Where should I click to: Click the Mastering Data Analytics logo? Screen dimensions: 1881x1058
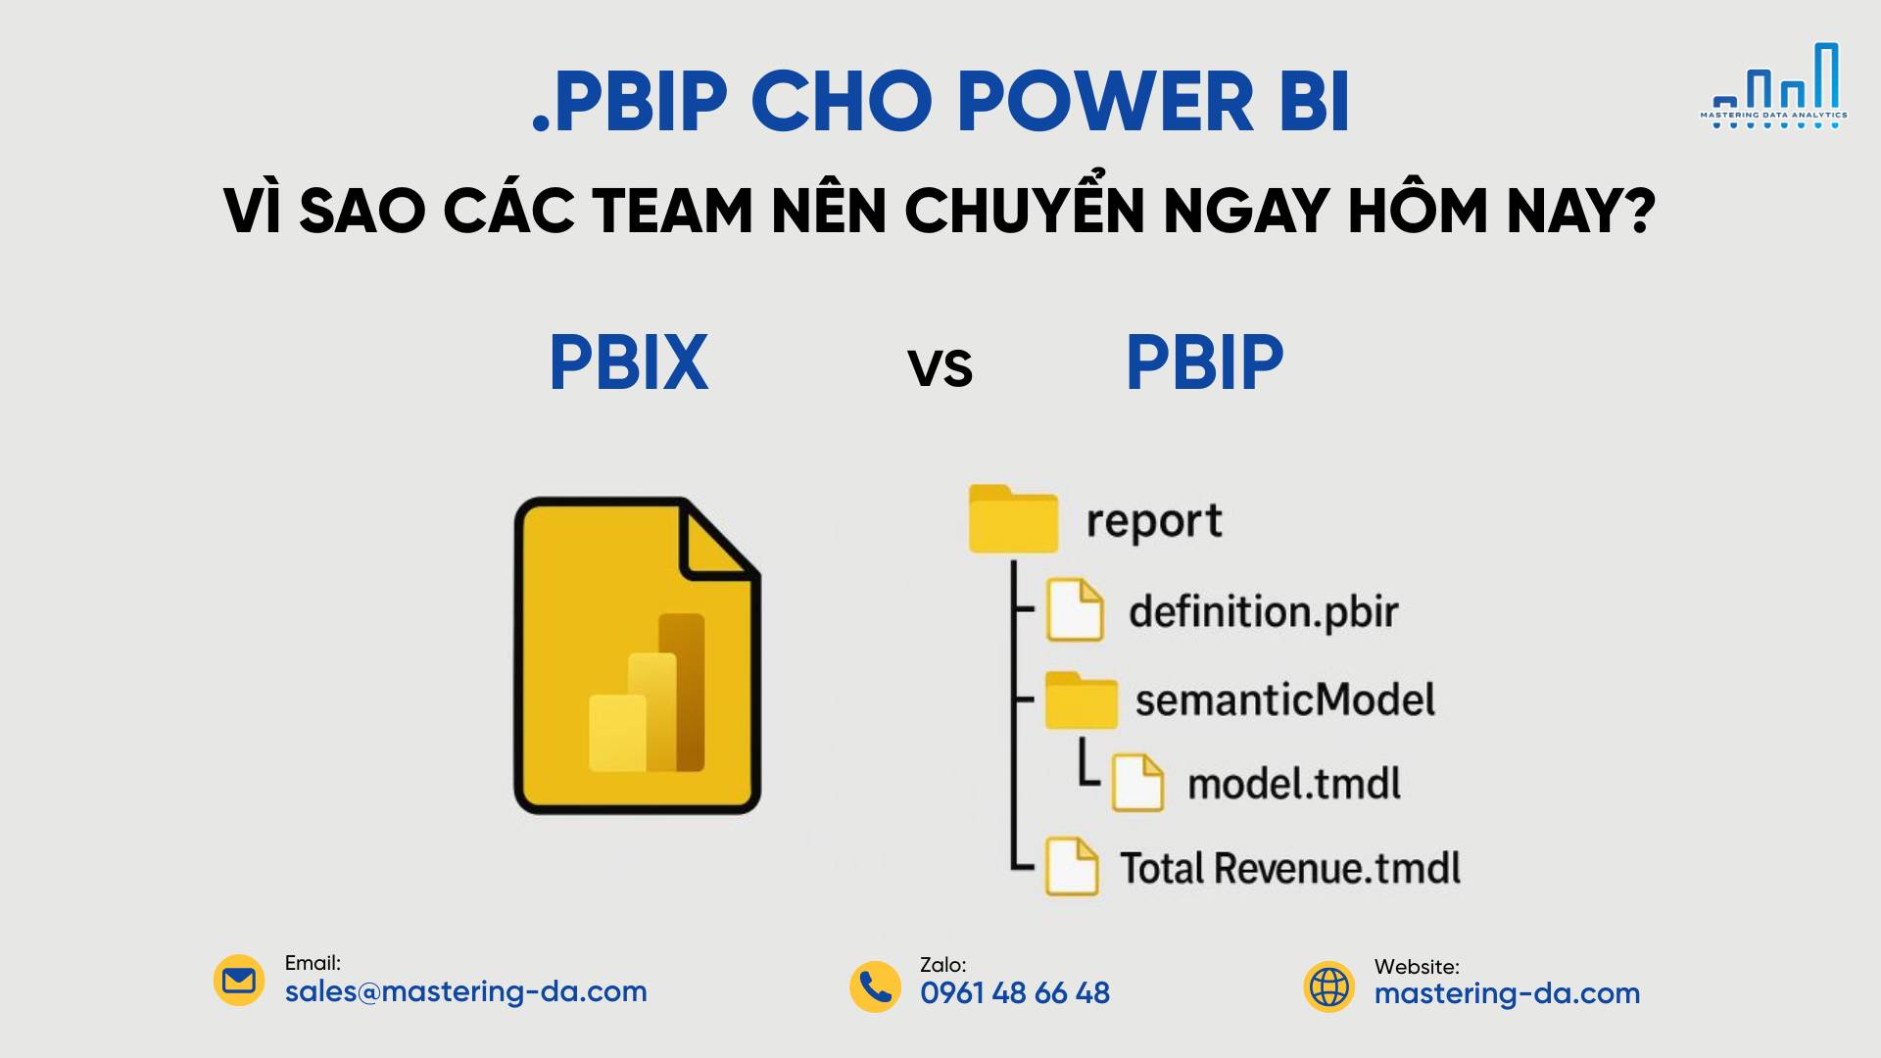tap(1773, 86)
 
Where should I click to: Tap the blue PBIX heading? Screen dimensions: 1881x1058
tap(628, 362)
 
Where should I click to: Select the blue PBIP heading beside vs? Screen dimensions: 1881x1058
tap(1204, 362)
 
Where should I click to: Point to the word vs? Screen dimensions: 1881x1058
tap(940, 368)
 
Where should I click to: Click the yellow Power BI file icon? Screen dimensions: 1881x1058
tap(638, 655)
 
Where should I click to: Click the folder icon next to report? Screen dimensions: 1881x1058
tap(1013, 518)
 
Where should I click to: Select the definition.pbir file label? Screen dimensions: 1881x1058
tap(1264, 611)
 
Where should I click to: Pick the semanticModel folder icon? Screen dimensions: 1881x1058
tap(1081, 699)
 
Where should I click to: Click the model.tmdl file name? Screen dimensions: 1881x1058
tap(1294, 784)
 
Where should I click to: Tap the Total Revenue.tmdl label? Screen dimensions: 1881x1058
tap(1290, 868)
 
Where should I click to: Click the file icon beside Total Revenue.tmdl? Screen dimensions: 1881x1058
tap(1072, 866)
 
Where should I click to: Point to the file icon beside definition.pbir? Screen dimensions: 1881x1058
tap(1075, 610)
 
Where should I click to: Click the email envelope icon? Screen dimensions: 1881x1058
tap(239, 981)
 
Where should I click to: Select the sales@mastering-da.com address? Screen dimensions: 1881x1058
tap(466, 991)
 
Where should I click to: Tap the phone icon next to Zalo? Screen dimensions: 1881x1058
tap(875, 986)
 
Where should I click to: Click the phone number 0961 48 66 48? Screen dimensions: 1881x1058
tap(1015, 993)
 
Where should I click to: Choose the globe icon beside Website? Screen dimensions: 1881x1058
tap(1329, 986)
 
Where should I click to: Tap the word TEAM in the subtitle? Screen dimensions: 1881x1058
tap(672, 210)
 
